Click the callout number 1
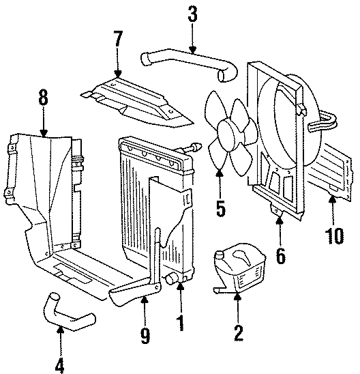click(x=181, y=320)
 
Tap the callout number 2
click(x=238, y=334)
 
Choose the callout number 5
click(x=220, y=207)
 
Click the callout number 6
click(x=281, y=257)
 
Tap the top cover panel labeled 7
click(x=136, y=102)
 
